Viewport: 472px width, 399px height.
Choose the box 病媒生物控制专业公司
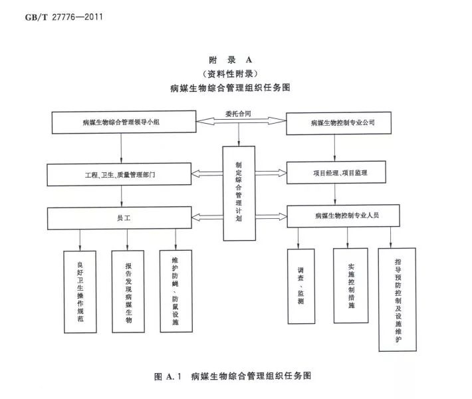(342, 122)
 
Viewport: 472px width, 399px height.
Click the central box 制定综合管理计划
(239, 193)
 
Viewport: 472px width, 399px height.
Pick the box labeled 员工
(120, 217)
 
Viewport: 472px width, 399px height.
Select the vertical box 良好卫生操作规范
(80, 291)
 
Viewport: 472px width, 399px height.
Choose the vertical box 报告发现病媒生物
(128, 291)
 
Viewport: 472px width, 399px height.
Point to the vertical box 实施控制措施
(351, 286)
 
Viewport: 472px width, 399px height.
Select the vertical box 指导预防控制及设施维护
(398, 299)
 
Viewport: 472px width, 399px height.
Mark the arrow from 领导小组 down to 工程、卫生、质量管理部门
(120, 147)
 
